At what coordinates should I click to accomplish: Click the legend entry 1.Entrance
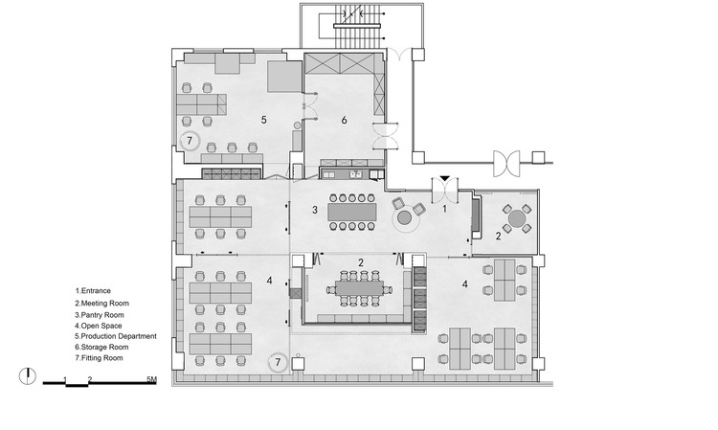click(x=93, y=291)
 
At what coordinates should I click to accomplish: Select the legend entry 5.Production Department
click(x=116, y=336)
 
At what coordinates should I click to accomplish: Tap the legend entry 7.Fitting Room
click(x=99, y=358)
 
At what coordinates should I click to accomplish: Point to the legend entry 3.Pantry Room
click(x=100, y=315)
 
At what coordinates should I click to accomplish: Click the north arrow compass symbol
click(x=28, y=376)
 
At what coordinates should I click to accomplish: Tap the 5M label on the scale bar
click(x=151, y=379)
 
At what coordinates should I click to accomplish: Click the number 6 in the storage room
click(x=344, y=120)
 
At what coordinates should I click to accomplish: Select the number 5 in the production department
click(x=264, y=120)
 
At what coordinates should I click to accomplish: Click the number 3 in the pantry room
click(x=315, y=210)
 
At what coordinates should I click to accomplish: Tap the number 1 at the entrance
click(x=444, y=210)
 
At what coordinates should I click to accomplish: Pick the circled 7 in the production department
click(x=190, y=141)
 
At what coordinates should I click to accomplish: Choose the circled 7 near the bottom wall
click(x=278, y=363)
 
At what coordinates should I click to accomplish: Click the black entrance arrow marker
click(x=444, y=178)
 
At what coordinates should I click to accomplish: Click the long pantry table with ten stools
click(x=352, y=212)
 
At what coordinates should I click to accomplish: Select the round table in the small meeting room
click(x=517, y=218)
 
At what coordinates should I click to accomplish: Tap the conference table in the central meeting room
click(x=359, y=288)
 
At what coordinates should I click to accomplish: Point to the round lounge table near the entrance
click(x=404, y=217)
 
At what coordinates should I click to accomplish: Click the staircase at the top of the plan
click(x=358, y=26)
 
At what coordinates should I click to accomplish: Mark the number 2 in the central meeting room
click(x=361, y=262)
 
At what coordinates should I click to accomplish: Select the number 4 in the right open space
click(x=464, y=284)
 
